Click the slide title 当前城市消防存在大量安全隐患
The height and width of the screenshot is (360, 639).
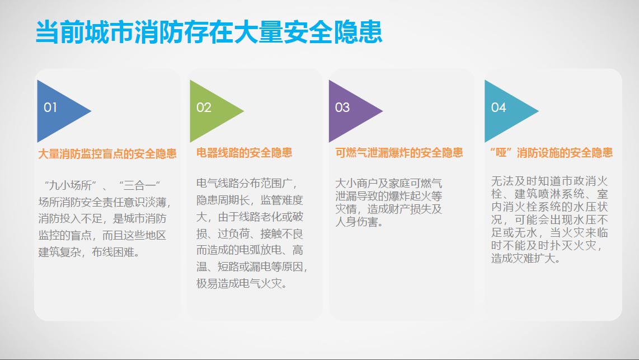tap(209, 32)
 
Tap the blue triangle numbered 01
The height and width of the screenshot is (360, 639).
tap(57, 111)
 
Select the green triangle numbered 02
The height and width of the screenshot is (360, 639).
tap(210, 111)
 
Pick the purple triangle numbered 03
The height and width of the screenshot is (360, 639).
tap(349, 111)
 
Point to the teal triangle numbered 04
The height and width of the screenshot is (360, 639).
tap(505, 111)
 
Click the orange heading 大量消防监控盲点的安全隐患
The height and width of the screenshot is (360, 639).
tap(107, 154)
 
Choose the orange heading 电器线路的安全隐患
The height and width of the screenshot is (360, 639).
tap(244, 153)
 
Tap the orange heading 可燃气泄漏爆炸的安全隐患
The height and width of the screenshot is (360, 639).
tap(399, 153)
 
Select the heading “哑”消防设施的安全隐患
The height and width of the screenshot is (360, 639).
tap(551, 153)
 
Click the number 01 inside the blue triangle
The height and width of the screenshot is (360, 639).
tap(50, 107)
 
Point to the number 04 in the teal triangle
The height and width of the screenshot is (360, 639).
tap(499, 107)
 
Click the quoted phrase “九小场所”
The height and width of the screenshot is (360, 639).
tap(70, 185)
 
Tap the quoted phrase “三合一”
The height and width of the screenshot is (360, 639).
tap(139, 185)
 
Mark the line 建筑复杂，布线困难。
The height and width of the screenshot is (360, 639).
tap(90, 252)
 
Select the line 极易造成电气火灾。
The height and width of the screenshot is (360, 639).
tap(242, 283)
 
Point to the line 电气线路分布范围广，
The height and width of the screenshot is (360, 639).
tap(247, 184)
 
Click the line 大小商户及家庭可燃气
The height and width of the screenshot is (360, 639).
tap(389, 184)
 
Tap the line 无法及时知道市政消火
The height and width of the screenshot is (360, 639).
tap(549, 181)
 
